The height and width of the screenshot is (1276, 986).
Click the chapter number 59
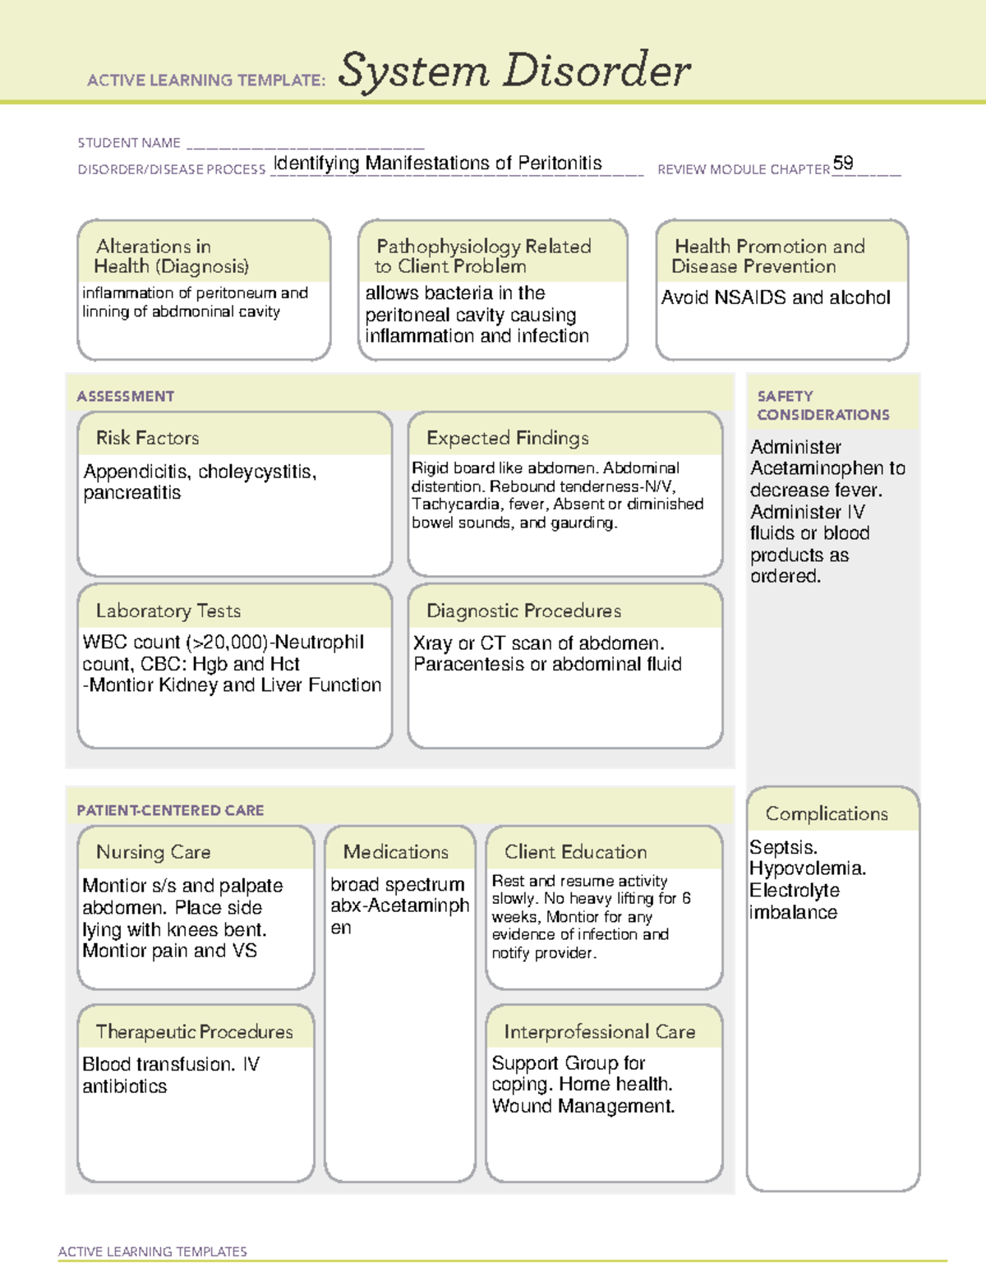pyautogui.click(x=843, y=163)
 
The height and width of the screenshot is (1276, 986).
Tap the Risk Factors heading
pyautogui.click(x=147, y=438)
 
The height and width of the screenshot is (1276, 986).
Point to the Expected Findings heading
pyautogui.click(x=508, y=438)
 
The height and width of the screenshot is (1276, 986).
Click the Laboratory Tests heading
pyautogui.click(x=168, y=610)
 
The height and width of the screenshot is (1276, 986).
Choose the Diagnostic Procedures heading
pyautogui.click(x=523, y=610)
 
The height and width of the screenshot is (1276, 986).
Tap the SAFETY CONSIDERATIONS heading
pyautogui.click(x=822, y=405)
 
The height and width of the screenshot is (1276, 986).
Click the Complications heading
pyautogui.click(x=827, y=813)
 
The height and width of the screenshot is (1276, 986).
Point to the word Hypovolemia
pyautogui.click(x=807, y=868)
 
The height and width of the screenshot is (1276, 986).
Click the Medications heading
pyautogui.click(x=396, y=852)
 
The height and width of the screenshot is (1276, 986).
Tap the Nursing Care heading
pyautogui.click(x=154, y=852)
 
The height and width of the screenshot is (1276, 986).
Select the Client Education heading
pyautogui.click(x=575, y=852)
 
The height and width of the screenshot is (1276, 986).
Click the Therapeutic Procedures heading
pyautogui.click(x=194, y=1031)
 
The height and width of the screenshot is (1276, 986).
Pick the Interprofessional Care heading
pyautogui.click(x=599, y=1031)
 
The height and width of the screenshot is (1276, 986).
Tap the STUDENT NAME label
pyautogui.click(x=129, y=143)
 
